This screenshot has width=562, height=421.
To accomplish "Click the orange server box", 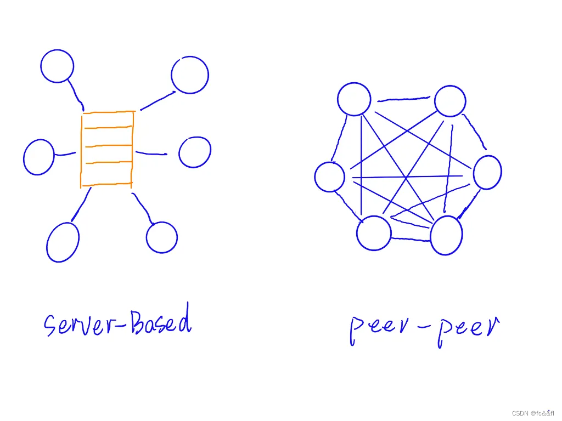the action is click(107, 148).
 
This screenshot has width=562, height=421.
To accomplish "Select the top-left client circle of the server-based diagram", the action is click(57, 66).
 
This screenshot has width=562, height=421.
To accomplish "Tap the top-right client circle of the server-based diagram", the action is click(190, 75).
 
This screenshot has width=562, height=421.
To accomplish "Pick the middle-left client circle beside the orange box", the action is click(39, 157).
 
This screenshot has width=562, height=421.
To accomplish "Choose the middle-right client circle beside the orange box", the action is click(195, 152).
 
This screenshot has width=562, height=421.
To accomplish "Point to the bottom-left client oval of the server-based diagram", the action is click(63, 242).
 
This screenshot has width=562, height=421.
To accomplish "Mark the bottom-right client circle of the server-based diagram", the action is click(162, 237).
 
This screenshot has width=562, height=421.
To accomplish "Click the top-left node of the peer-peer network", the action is click(355, 99).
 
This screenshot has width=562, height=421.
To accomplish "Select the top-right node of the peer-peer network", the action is click(450, 101).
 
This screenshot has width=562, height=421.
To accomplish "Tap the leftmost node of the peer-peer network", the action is click(330, 177).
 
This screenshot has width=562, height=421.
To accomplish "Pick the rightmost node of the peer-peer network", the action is click(487, 172).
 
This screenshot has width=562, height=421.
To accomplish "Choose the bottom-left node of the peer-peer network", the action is click(374, 233).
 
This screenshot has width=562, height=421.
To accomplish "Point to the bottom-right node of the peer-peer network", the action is click(446, 235).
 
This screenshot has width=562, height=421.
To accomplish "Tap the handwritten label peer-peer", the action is click(424, 328).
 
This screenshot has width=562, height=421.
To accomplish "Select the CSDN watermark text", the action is click(532, 413).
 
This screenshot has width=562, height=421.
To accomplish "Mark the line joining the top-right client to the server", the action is click(158, 100).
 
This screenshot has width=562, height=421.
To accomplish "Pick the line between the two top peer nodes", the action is click(403, 99).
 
